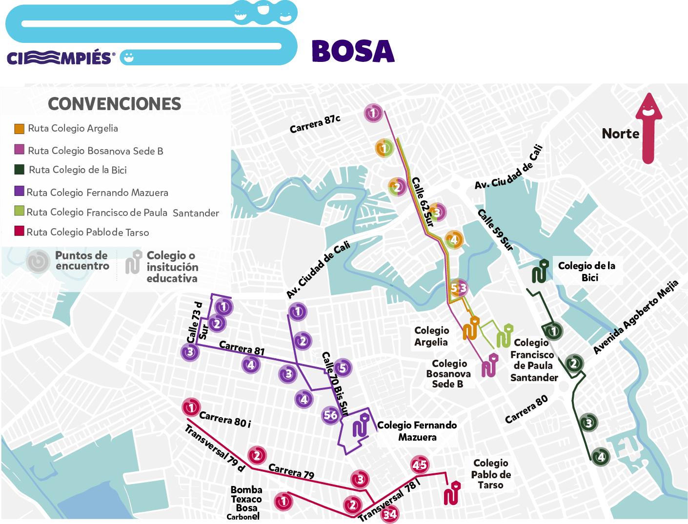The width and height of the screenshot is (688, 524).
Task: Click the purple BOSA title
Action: point(353,51)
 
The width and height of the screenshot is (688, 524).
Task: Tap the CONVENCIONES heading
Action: point(115,104)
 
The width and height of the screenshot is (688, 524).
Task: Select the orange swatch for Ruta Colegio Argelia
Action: point(19,129)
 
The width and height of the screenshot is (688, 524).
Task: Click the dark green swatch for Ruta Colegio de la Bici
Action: point(19,170)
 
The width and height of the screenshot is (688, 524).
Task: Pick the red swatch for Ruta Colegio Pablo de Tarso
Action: point(19,231)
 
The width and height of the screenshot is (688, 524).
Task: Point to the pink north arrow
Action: point(648,128)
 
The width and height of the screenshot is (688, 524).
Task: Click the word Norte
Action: point(620,134)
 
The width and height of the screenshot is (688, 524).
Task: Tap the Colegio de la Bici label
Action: point(587,272)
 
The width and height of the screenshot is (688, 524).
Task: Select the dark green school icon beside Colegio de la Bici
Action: point(540,272)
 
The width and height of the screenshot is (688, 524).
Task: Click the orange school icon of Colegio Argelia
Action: point(471,329)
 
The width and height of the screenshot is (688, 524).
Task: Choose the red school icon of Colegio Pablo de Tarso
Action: point(452,493)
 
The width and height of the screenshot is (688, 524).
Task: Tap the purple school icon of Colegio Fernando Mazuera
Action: point(361,425)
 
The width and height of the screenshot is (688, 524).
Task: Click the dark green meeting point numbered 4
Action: point(601,457)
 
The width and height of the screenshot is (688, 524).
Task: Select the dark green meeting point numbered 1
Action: point(553,331)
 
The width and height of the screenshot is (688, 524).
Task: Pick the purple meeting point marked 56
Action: point(331,415)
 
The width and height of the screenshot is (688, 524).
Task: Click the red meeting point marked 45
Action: point(420,465)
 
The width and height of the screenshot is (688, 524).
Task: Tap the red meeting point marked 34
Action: point(389,514)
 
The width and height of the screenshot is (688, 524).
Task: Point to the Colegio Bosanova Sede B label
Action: point(448,374)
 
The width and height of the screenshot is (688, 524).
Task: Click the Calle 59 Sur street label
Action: point(495,229)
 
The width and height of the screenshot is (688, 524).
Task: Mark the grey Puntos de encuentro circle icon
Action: point(38,261)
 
